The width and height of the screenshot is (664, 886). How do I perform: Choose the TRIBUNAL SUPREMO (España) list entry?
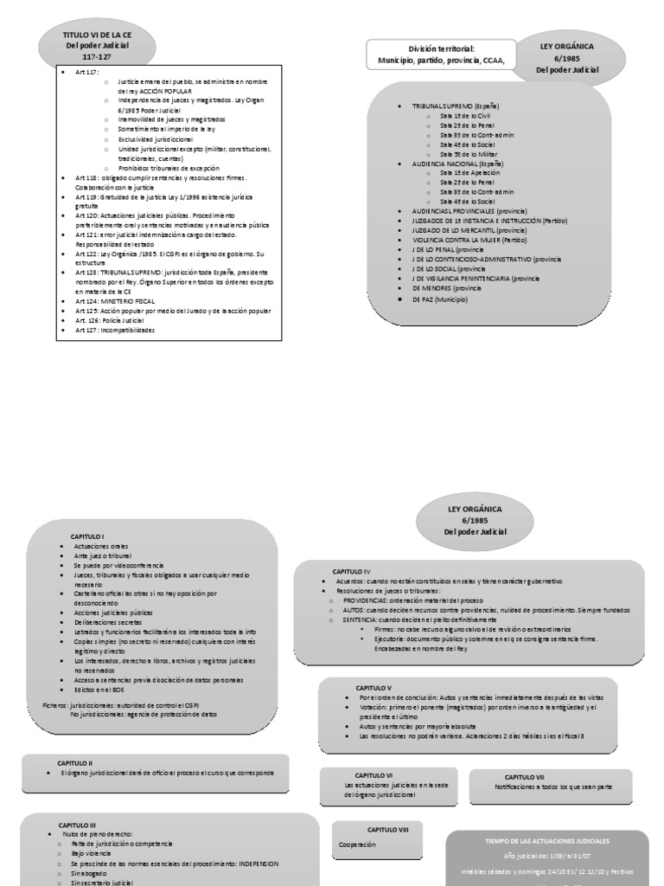click(x=456, y=106)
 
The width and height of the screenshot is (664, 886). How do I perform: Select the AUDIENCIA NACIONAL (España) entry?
click(x=458, y=164)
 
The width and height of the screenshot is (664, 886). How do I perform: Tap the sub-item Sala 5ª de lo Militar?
click(x=468, y=153)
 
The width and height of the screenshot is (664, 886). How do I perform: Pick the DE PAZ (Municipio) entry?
click(x=440, y=299)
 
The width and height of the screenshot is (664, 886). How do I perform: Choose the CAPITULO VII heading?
click(x=525, y=777)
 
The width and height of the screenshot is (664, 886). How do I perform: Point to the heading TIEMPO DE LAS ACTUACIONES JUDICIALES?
click(x=546, y=840)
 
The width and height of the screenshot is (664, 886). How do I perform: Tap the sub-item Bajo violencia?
click(x=92, y=852)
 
